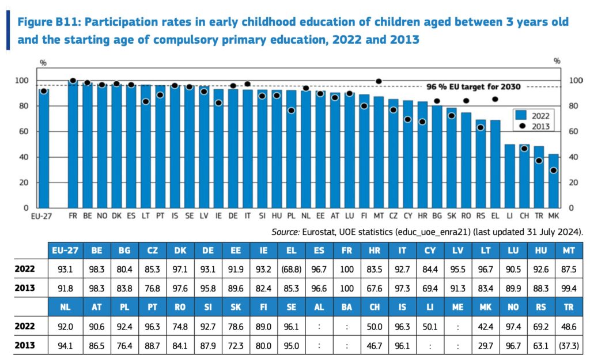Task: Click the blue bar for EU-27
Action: click(x=44, y=149)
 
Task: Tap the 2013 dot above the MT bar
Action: click(x=379, y=81)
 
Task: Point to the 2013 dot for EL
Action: click(x=494, y=99)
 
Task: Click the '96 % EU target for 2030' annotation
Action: click(x=473, y=87)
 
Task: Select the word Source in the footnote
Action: click(x=286, y=232)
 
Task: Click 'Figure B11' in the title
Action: click(x=49, y=22)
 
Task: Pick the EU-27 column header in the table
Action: click(x=65, y=251)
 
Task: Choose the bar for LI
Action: click(x=509, y=176)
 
